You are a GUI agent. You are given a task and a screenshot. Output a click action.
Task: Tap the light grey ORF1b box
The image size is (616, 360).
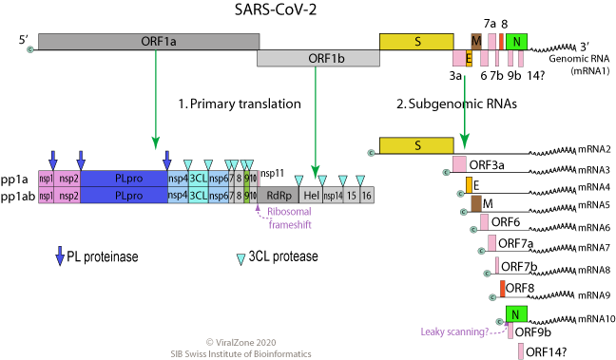(318, 59)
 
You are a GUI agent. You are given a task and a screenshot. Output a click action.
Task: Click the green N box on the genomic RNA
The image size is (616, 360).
(516, 42)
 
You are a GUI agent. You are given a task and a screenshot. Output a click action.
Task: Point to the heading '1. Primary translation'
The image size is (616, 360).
(240, 104)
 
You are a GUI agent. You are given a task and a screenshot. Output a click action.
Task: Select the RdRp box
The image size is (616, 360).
(278, 195)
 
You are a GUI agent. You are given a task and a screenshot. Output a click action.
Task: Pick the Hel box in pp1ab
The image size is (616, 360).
(311, 195)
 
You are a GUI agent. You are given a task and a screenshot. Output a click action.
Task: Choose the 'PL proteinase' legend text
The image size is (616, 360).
(108, 256)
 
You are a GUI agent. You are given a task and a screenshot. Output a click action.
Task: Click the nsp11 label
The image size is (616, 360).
(273, 172)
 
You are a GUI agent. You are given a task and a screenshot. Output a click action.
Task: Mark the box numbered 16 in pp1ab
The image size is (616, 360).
(367, 195)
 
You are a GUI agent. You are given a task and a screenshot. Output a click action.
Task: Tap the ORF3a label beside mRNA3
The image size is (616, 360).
(487, 164)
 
